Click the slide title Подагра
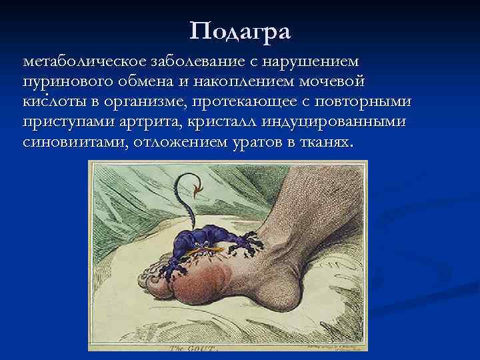click(x=240, y=30)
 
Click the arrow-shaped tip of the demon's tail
click(x=198, y=192)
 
